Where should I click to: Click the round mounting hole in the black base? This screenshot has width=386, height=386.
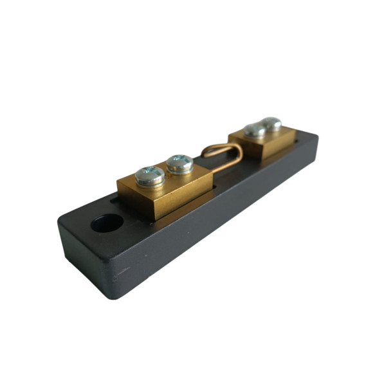[107, 223]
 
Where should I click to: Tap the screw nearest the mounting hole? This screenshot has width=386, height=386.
[150, 175]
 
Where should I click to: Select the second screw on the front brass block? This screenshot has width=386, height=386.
[179, 163]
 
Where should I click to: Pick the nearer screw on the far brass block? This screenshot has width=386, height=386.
[255, 130]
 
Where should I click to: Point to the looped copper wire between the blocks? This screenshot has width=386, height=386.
[221, 154]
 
